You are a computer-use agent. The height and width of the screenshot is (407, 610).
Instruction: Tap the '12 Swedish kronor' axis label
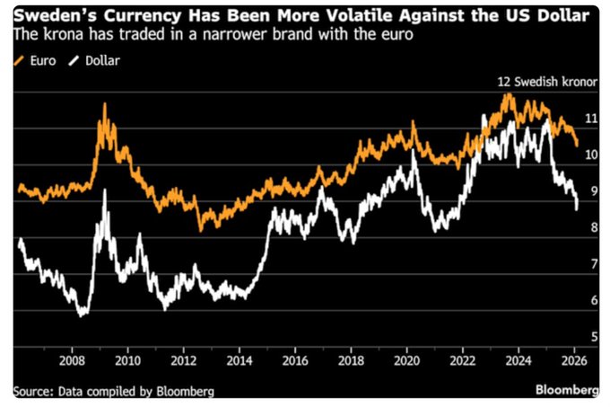click(x=548, y=81)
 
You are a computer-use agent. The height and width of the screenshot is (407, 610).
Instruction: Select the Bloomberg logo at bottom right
click(x=567, y=390)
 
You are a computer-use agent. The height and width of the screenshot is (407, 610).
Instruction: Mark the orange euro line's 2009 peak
click(x=104, y=104)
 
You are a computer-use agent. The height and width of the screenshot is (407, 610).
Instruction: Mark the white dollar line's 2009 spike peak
click(x=106, y=190)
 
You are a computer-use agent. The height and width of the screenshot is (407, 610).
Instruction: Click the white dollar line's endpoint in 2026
click(x=576, y=208)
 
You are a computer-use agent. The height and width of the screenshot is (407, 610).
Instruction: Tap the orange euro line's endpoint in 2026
click(x=577, y=144)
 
